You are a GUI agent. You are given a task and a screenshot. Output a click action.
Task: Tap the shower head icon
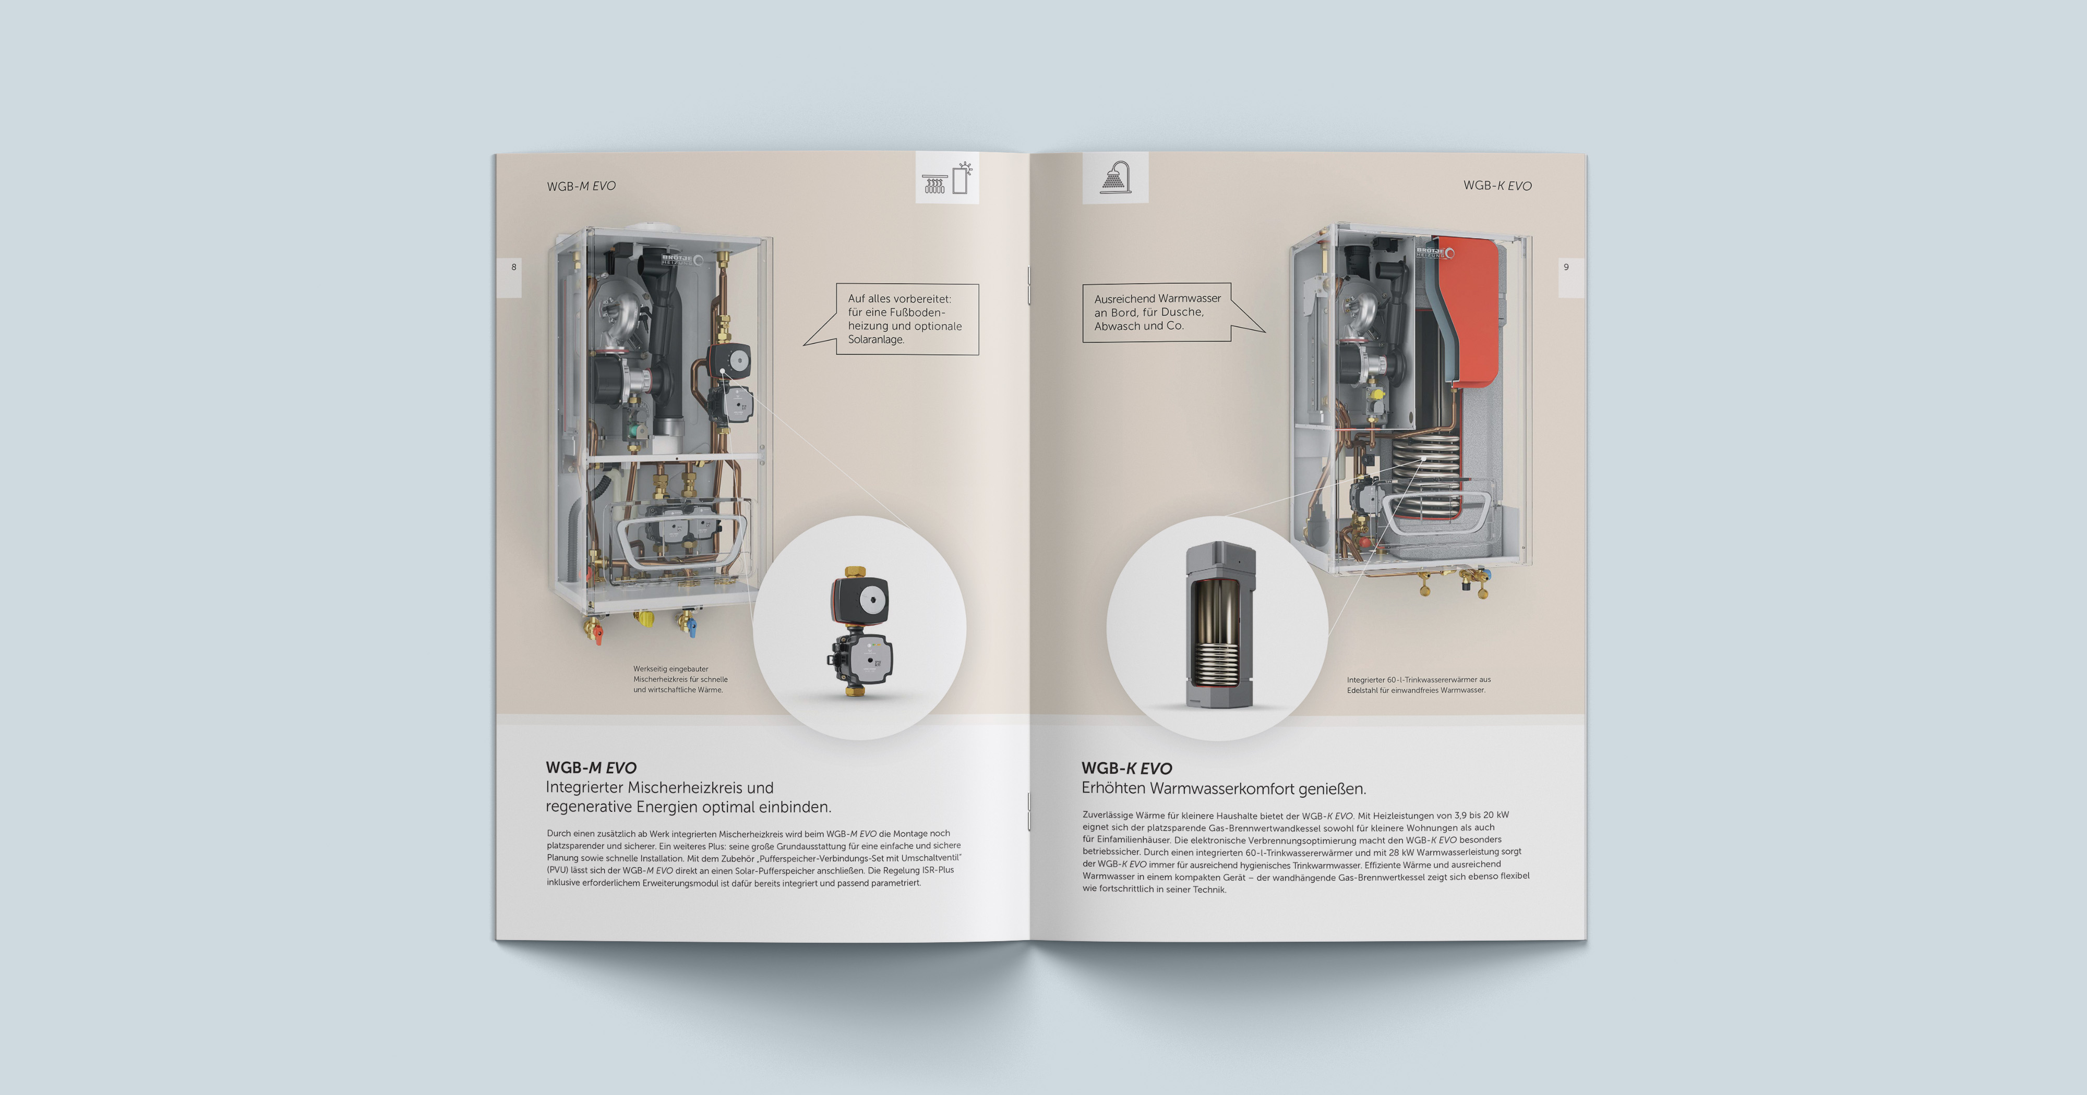(x=1116, y=177)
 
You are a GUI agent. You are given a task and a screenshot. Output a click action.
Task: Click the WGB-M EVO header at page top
(x=581, y=186)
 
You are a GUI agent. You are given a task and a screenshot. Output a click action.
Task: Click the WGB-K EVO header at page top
(x=1497, y=186)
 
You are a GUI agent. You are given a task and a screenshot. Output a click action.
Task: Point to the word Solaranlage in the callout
(x=876, y=339)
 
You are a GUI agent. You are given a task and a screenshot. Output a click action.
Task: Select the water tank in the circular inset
(x=1219, y=625)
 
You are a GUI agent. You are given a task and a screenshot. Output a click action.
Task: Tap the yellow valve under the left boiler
(x=646, y=619)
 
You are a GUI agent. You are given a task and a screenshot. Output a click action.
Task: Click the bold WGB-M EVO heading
(x=592, y=768)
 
